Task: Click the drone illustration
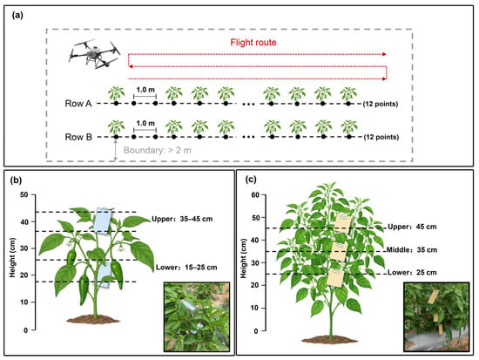[x=94, y=54]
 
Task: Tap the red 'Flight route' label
[x=253, y=42]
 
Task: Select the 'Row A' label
[x=78, y=104]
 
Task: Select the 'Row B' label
[x=78, y=137]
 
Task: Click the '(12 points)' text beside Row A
[x=381, y=104]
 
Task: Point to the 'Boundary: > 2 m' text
[x=158, y=151]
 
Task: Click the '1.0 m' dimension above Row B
[x=145, y=123]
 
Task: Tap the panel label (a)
[x=17, y=16]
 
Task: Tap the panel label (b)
[x=16, y=180]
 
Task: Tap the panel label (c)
[x=251, y=180]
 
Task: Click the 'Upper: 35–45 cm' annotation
[x=182, y=219]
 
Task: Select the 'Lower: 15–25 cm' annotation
[x=186, y=268]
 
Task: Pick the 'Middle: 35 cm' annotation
[x=412, y=250]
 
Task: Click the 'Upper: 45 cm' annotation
[x=412, y=227]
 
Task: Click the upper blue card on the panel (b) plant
[x=103, y=221]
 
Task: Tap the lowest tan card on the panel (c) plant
[x=335, y=278]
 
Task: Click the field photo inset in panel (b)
[x=197, y=317]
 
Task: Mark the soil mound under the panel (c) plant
[x=330, y=339]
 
